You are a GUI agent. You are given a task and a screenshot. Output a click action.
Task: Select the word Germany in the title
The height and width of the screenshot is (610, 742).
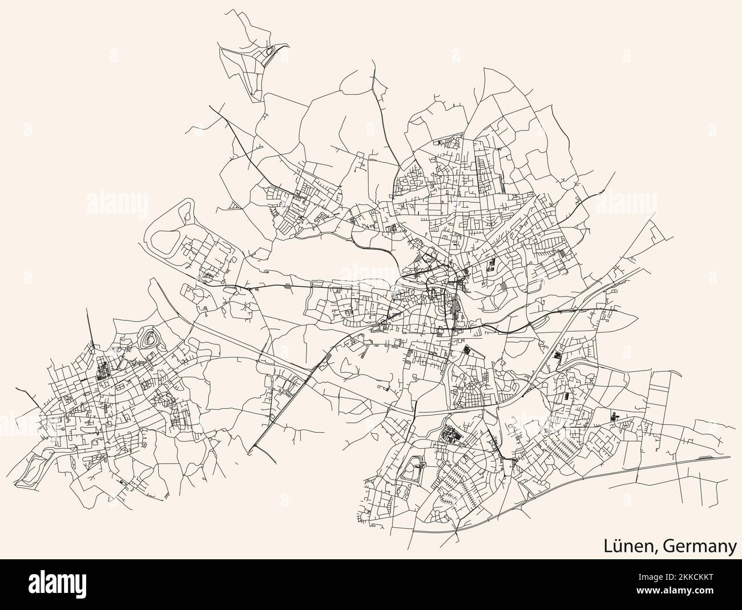(x=700, y=546)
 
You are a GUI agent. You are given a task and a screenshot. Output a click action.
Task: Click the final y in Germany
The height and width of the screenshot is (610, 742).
(x=731, y=548)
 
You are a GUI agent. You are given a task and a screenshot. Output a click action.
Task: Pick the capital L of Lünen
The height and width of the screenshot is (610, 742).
(x=609, y=546)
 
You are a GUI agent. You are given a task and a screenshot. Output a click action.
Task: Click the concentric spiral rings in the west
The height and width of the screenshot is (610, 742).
(x=150, y=340)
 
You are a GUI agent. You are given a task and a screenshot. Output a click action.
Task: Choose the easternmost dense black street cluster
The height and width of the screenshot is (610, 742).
(x=615, y=418)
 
